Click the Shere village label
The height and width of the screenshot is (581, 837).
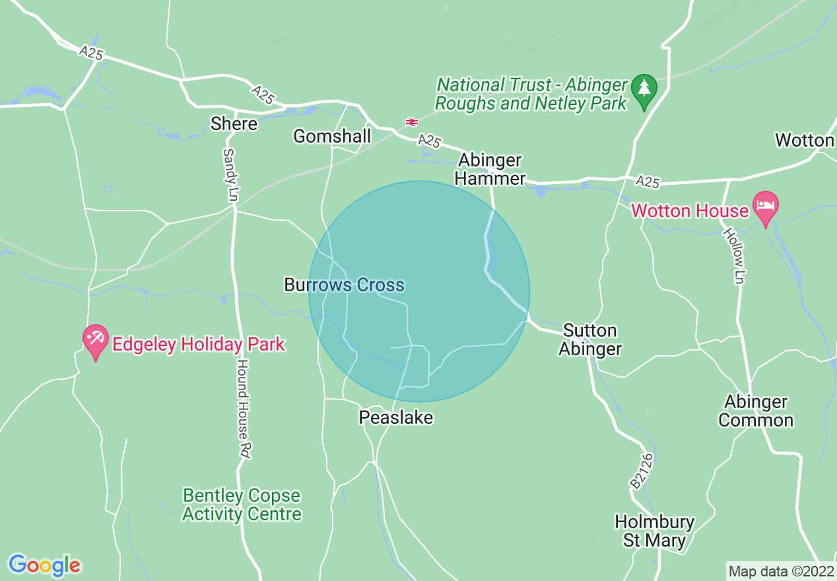point(234,123)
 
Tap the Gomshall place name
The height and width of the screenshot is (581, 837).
point(332,136)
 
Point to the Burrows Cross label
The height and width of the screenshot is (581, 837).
point(344,285)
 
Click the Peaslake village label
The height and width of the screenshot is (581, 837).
point(395,417)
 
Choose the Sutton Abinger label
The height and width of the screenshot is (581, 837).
point(590,339)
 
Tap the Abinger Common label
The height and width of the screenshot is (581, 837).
point(756,411)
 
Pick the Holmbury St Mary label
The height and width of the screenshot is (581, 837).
point(654,531)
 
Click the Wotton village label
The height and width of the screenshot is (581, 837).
point(805,140)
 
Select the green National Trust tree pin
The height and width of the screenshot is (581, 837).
point(644,89)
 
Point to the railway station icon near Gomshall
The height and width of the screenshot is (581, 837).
point(411,122)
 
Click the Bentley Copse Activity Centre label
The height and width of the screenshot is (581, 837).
point(242,504)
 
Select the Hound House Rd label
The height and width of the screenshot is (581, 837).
point(244,409)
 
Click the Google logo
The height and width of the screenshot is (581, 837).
point(44,565)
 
